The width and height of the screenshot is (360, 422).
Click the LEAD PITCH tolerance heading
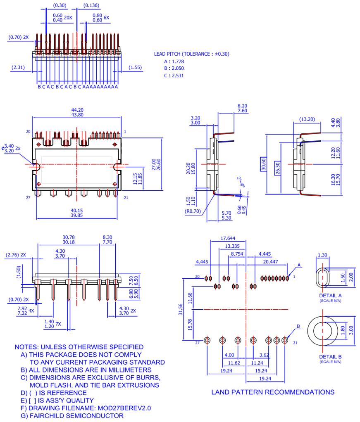click(x=191, y=54)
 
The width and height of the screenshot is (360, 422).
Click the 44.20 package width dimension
click(x=77, y=110)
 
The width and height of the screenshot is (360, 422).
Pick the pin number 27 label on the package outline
click(x=28, y=198)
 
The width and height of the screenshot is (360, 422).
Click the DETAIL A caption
click(x=330, y=296)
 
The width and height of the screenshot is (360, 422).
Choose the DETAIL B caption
click(x=330, y=356)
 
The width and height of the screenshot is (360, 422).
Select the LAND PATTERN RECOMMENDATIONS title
click(x=273, y=392)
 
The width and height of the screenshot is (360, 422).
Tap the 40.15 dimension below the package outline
click(x=77, y=210)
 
